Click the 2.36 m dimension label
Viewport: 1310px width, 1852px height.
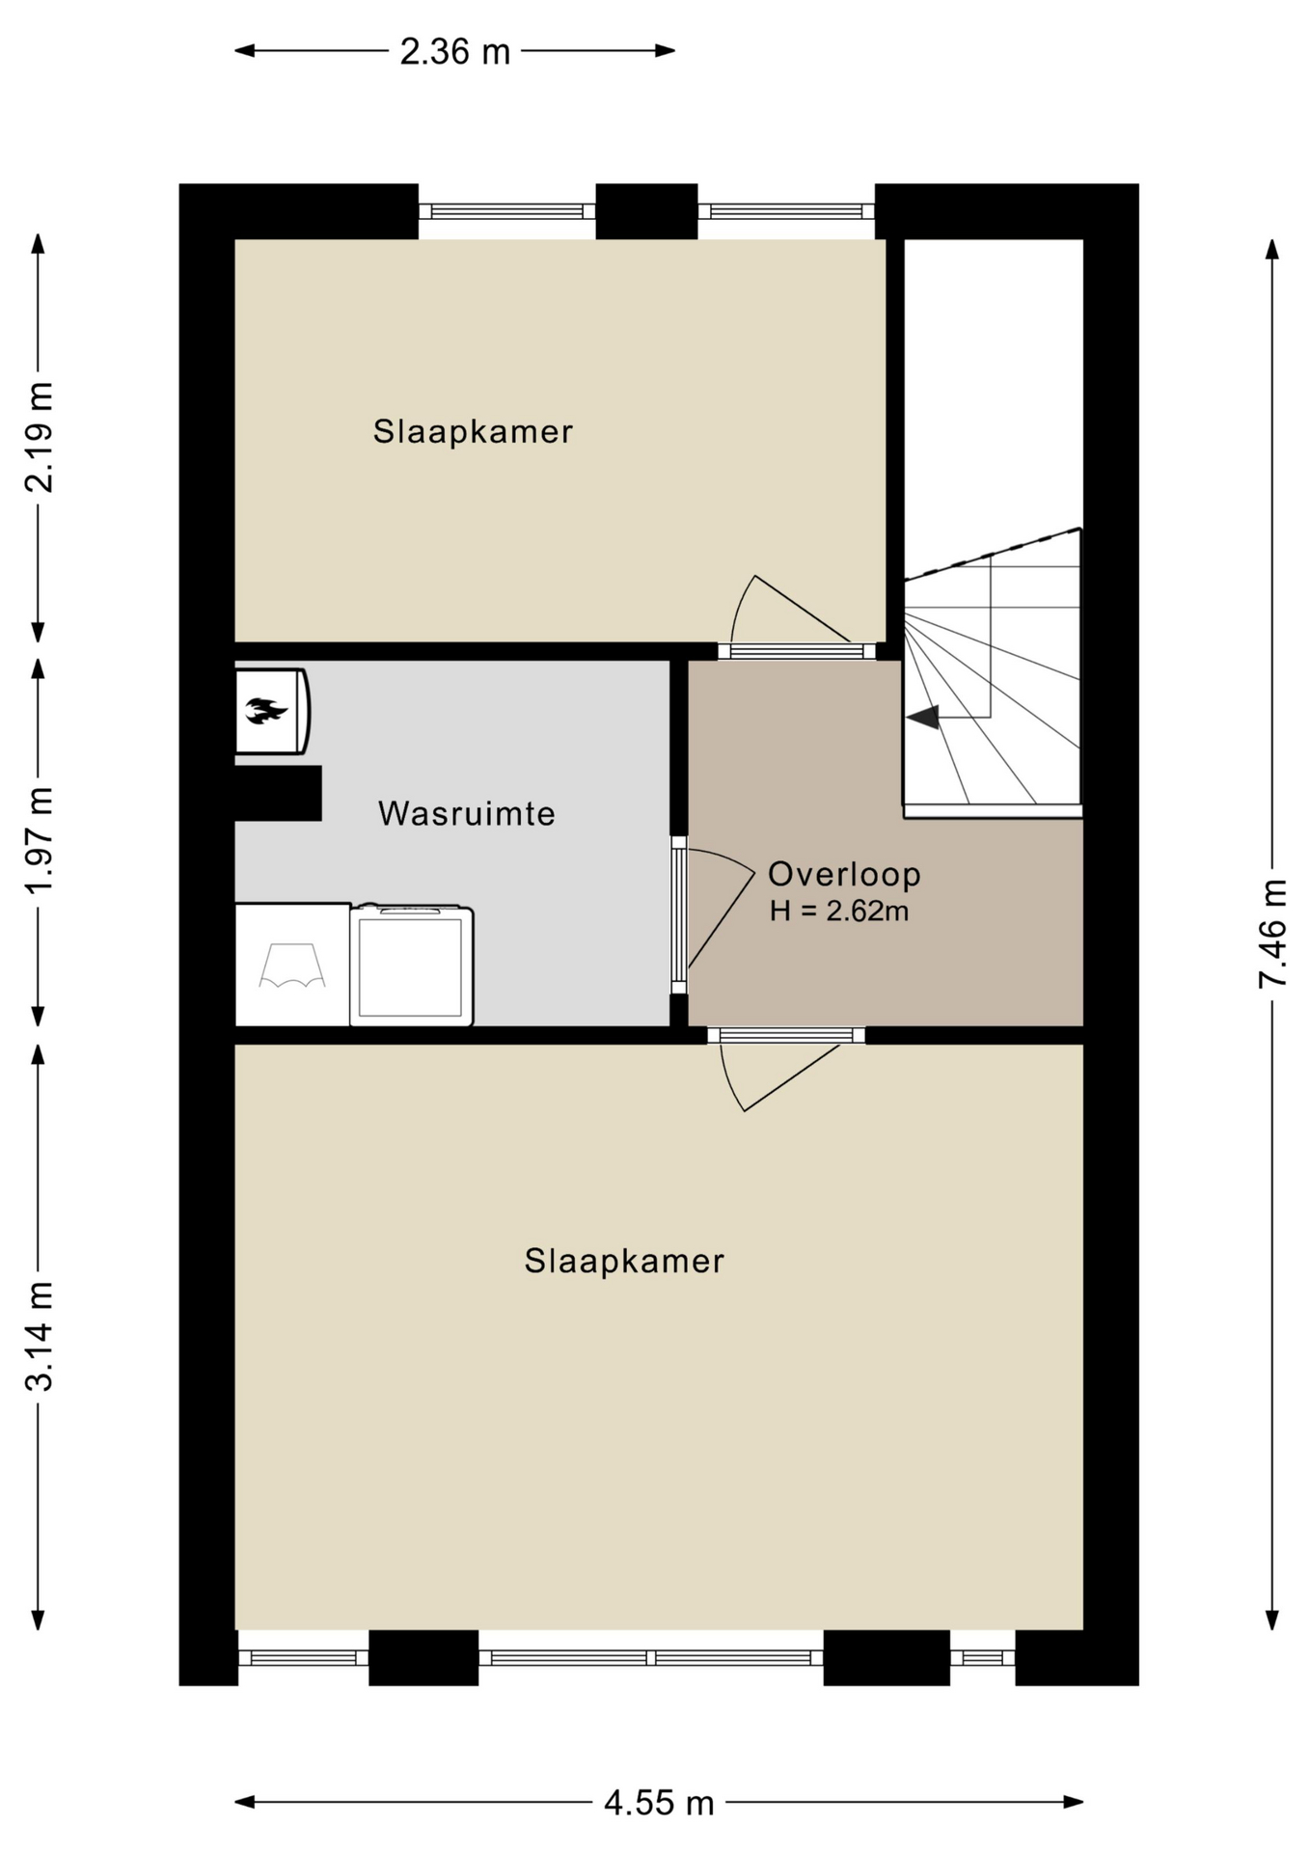click(454, 52)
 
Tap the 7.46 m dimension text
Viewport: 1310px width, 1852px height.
click(1273, 933)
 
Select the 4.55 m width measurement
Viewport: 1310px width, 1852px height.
click(659, 1802)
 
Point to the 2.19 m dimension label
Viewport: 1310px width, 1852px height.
click(39, 437)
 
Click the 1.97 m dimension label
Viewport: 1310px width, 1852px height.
click(39, 840)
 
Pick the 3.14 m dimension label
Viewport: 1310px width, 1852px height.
click(39, 1336)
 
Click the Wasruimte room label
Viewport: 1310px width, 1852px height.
click(467, 813)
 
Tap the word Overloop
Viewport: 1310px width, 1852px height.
click(844, 875)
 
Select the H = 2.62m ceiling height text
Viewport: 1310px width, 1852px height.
click(839, 911)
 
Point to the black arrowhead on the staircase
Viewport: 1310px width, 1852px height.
click(923, 717)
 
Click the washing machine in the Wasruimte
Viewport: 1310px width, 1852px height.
click(412, 965)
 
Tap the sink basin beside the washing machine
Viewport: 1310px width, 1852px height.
click(292, 965)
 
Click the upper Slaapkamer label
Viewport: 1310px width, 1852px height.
click(473, 431)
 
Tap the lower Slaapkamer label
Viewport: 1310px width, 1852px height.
click(624, 1261)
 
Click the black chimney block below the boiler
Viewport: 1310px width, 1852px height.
click(278, 793)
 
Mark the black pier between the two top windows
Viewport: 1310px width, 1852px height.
click(646, 211)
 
